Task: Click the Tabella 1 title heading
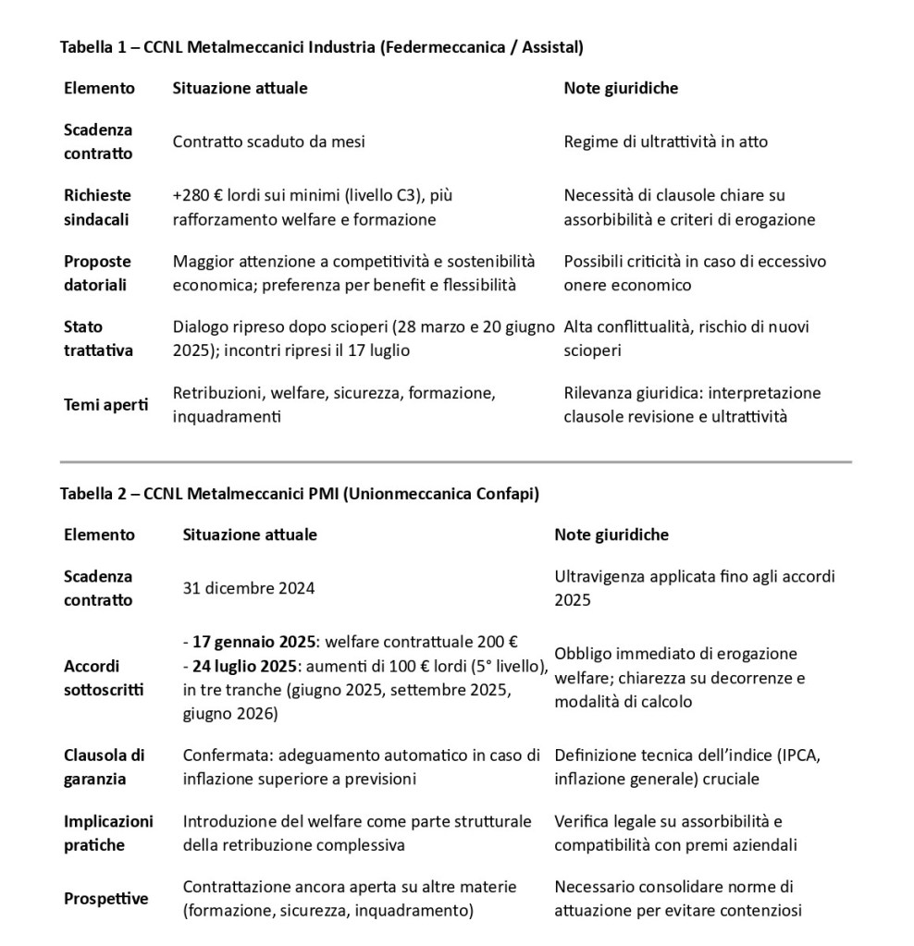[321, 45]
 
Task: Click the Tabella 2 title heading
[299, 494]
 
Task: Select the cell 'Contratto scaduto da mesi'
[268, 142]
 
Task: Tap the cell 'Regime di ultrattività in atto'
[665, 142]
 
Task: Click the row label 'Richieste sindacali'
[97, 207]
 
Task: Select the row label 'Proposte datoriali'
[97, 273]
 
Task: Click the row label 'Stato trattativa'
[97, 338]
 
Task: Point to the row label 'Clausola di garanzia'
[104, 767]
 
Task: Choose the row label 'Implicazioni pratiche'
[108, 833]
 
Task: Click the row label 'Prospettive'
[105, 899]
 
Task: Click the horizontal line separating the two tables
[456, 461]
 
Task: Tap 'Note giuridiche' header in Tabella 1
[621, 88]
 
